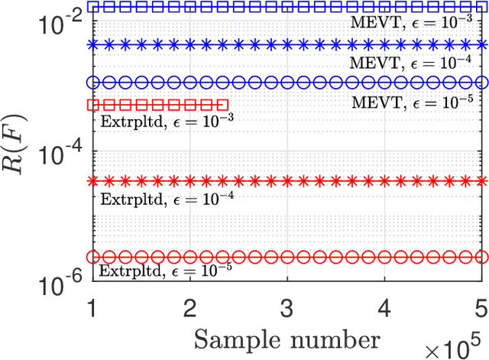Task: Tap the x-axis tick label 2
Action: click(x=189, y=306)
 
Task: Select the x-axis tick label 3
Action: click(x=287, y=306)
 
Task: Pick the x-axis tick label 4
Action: click(x=384, y=306)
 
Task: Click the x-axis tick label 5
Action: click(x=481, y=306)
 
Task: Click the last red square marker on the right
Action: click(x=223, y=104)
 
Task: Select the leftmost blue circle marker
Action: click(x=93, y=82)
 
